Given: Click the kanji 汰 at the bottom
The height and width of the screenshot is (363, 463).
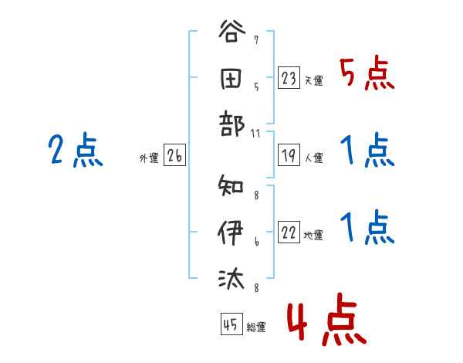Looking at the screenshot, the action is [231, 276].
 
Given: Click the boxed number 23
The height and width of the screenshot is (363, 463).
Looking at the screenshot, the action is [289, 78].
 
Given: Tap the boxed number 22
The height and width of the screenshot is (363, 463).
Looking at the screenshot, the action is [289, 233].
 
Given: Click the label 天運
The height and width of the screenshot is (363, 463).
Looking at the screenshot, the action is [313, 80].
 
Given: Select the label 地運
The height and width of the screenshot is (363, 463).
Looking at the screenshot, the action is [313, 236].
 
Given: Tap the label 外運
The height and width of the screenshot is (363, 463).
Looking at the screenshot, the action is [149, 158].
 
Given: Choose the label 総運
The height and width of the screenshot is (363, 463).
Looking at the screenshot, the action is [256, 327].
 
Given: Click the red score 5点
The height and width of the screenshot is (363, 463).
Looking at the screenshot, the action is [366, 75].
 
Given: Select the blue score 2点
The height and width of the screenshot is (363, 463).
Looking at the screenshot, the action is [75, 151].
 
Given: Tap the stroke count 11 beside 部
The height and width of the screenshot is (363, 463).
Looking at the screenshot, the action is [256, 133].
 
